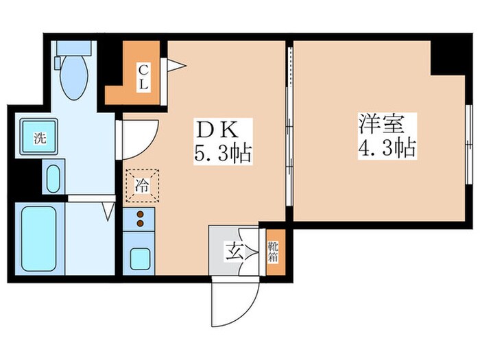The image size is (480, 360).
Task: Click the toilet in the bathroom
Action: tap(73, 75)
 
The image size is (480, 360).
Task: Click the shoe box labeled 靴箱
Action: tap(273, 251)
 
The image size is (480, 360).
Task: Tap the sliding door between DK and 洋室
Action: tap(289, 130)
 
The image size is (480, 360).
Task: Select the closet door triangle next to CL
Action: tap(175, 65)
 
